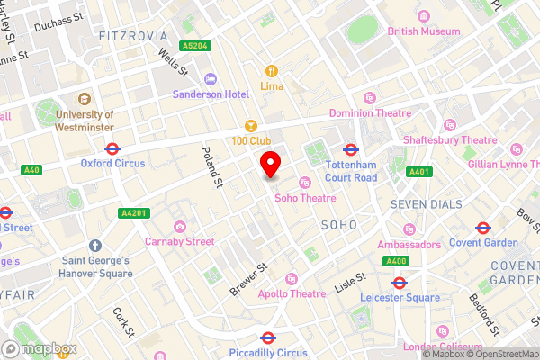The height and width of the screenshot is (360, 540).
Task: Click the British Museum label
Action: (423, 31)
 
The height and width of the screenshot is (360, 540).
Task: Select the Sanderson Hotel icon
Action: (210, 79)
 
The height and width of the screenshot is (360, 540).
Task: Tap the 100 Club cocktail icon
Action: (252, 125)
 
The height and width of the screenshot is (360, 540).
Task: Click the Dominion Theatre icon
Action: (369, 98)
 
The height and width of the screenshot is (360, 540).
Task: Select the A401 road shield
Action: (419, 172)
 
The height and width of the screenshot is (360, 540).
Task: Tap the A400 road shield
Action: (395, 261)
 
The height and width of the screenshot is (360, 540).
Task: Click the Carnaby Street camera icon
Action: (180, 226)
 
